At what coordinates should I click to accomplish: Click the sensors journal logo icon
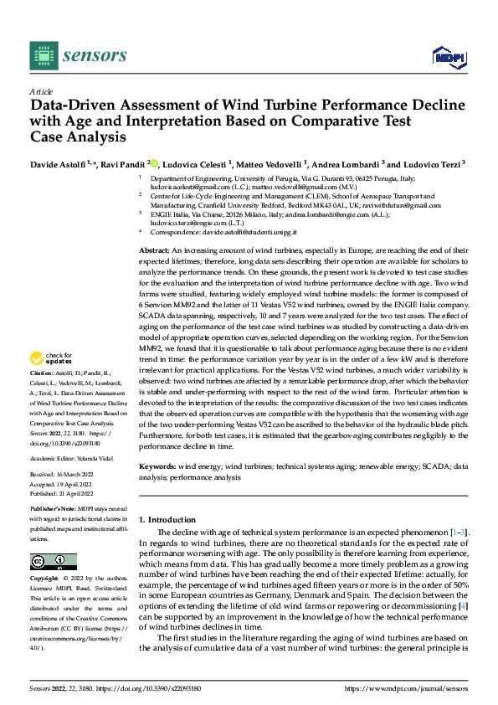point(43,56)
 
